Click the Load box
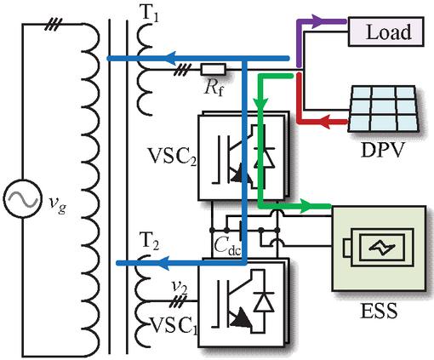pyautogui.click(x=386, y=31)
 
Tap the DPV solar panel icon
pyautogui.click(x=384, y=108)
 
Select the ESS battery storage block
pyautogui.click(x=379, y=249)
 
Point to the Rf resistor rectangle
pyautogui.click(x=214, y=70)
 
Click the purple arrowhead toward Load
pyautogui.click(x=318, y=21)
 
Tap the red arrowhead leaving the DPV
pyautogui.click(x=326, y=122)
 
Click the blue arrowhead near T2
pyautogui.click(x=164, y=263)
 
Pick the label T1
pyautogui.click(x=150, y=14)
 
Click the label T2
pyautogui.click(x=150, y=242)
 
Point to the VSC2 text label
pyautogui.click(x=172, y=157)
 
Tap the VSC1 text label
pyautogui.click(x=173, y=325)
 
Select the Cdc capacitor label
pyautogui.click(x=227, y=246)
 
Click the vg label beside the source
pyautogui.click(x=58, y=203)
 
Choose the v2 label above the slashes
pyautogui.click(x=180, y=289)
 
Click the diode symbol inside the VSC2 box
pyautogui.click(x=264, y=157)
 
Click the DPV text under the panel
pyautogui.click(x=382, y=150)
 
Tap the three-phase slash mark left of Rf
pyautogui.click(x=182, y=70)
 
